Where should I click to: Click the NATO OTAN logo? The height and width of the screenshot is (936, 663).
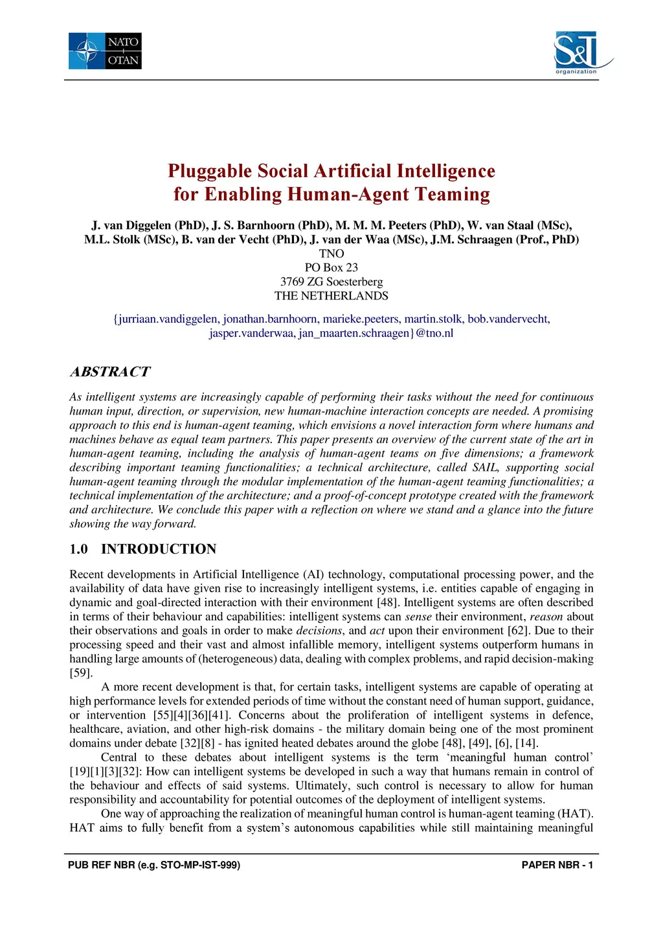(x=105, y=51)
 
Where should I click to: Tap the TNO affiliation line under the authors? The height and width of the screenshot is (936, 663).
(x=331, y=254)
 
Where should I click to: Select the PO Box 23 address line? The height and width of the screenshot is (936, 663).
(x=331, y=268)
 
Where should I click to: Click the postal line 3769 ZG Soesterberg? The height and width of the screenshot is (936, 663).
(x=331, y=282)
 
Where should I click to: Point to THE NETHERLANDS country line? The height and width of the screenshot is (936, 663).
(x=331, y=296)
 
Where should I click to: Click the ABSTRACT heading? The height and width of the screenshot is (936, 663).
(x=110, y=372)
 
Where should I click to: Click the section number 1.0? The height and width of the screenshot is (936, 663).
(x=78, y=549)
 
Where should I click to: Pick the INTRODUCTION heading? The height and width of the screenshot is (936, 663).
(x=159, y=549)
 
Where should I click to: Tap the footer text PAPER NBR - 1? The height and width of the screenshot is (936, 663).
(x=557, y=865)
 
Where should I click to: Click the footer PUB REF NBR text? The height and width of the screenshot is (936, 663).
(x=154, y=865)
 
